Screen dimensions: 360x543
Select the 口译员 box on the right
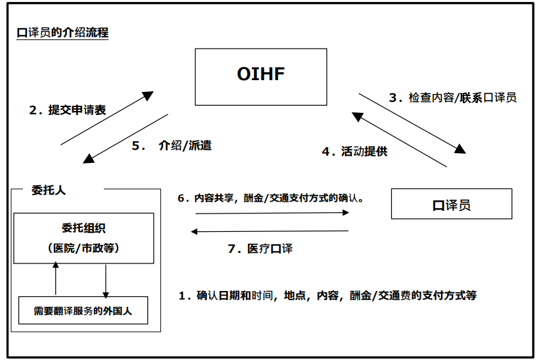pos(451,205)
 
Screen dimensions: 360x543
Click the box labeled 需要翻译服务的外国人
pos(83,311)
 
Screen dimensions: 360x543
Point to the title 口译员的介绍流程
pos(62,33)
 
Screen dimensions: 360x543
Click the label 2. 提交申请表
pos(68,110)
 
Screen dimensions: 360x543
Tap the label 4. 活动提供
pos(354,152)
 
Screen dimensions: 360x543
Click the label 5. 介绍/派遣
pos(172,146)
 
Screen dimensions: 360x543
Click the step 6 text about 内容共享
pos(271,197)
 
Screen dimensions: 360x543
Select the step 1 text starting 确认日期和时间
pos(327,296)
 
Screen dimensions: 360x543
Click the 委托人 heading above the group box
pos(49,191)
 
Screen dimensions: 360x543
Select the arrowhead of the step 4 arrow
pos(357,116)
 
